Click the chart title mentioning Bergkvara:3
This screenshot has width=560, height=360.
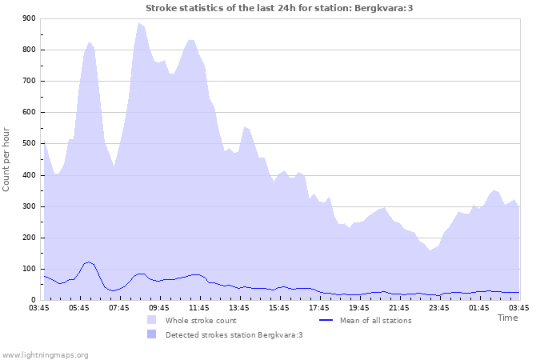point(279,8)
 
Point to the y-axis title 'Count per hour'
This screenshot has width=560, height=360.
point(7,159)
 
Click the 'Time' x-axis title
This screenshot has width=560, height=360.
point(507,318)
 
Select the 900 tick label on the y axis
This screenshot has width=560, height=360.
point(28,18)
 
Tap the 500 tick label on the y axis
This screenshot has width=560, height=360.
point(28,144)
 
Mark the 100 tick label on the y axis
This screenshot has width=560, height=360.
point(28,269)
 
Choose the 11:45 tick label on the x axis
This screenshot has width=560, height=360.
point(199,307)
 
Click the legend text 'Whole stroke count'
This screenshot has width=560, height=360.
point(201,321)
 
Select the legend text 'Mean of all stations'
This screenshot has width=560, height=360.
point(376,321)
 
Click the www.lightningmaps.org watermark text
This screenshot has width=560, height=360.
point(45,354)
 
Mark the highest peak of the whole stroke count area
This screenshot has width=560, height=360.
point(139,23)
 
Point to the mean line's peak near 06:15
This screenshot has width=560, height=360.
point(89,262)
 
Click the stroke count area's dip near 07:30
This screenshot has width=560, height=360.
point(114,166)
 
